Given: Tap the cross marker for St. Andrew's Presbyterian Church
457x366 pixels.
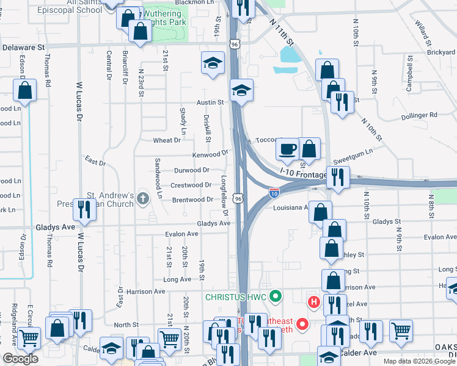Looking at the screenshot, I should click(x=143, y=198).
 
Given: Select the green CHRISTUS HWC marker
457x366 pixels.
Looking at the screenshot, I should click(x=275, y=297).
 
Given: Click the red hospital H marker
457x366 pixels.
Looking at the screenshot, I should click(x=314, y=301).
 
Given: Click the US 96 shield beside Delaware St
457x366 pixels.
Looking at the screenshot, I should click(x=235, y=44).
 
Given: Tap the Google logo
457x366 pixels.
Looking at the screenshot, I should click(x=21, y=359).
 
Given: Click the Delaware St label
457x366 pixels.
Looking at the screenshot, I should click(x=24, y=46).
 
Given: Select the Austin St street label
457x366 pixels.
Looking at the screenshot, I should click(x=210, y=102).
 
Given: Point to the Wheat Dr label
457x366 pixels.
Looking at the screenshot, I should click(x=167, y=140).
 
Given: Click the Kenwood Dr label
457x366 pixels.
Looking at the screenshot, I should click(x=210, y=154).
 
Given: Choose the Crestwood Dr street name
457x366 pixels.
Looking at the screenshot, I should click(x=191, y=185).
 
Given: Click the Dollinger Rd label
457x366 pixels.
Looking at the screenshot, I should click(x=419, y=115).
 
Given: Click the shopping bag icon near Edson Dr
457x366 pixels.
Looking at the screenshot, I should click(x=25, y=91).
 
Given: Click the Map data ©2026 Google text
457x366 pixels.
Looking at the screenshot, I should click(x=419, y=361).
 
